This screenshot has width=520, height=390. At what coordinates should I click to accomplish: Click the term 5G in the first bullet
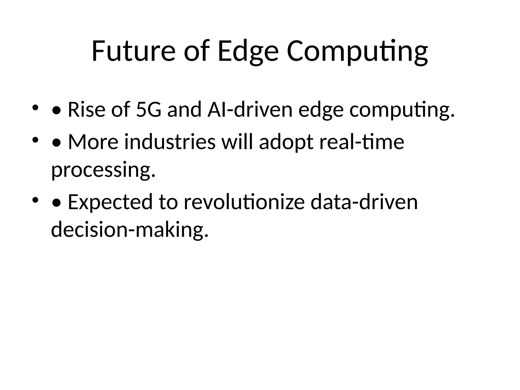[149, 110]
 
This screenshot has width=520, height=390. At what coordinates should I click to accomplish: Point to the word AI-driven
[250, 110]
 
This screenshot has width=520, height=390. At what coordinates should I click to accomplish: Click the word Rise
[86, 110]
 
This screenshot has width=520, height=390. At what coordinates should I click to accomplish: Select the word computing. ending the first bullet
[402, 110]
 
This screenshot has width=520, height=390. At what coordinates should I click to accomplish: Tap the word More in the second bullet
[93, 142]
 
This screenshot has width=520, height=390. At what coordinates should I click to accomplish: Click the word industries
[170, 142]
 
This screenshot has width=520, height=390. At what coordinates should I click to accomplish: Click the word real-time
[362, 142]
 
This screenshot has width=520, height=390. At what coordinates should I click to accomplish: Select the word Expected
[110, 202]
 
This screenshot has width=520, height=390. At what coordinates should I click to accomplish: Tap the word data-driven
[364, 202]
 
